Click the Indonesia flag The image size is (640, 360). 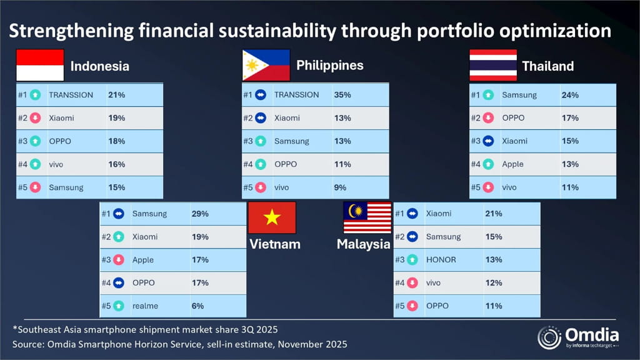[x=40, y=65]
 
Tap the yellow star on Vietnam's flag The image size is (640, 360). [x=272, y=217]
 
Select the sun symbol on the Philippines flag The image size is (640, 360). [x=252, y=65]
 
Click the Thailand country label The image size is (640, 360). [x=547, y=66]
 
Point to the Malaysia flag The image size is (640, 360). [x=367, y=217]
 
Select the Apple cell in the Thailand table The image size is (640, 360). [x=512, y=164]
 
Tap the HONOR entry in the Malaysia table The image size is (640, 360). [x=441, y=259]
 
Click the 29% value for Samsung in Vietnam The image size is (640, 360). [x=200, y=214]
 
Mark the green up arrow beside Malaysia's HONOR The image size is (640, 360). [x=412, y=259]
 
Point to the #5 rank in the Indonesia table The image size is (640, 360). [x=22, y=187]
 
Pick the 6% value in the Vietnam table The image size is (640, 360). [x=197, y=306]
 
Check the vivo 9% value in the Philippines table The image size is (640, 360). [x=339, y=187]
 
